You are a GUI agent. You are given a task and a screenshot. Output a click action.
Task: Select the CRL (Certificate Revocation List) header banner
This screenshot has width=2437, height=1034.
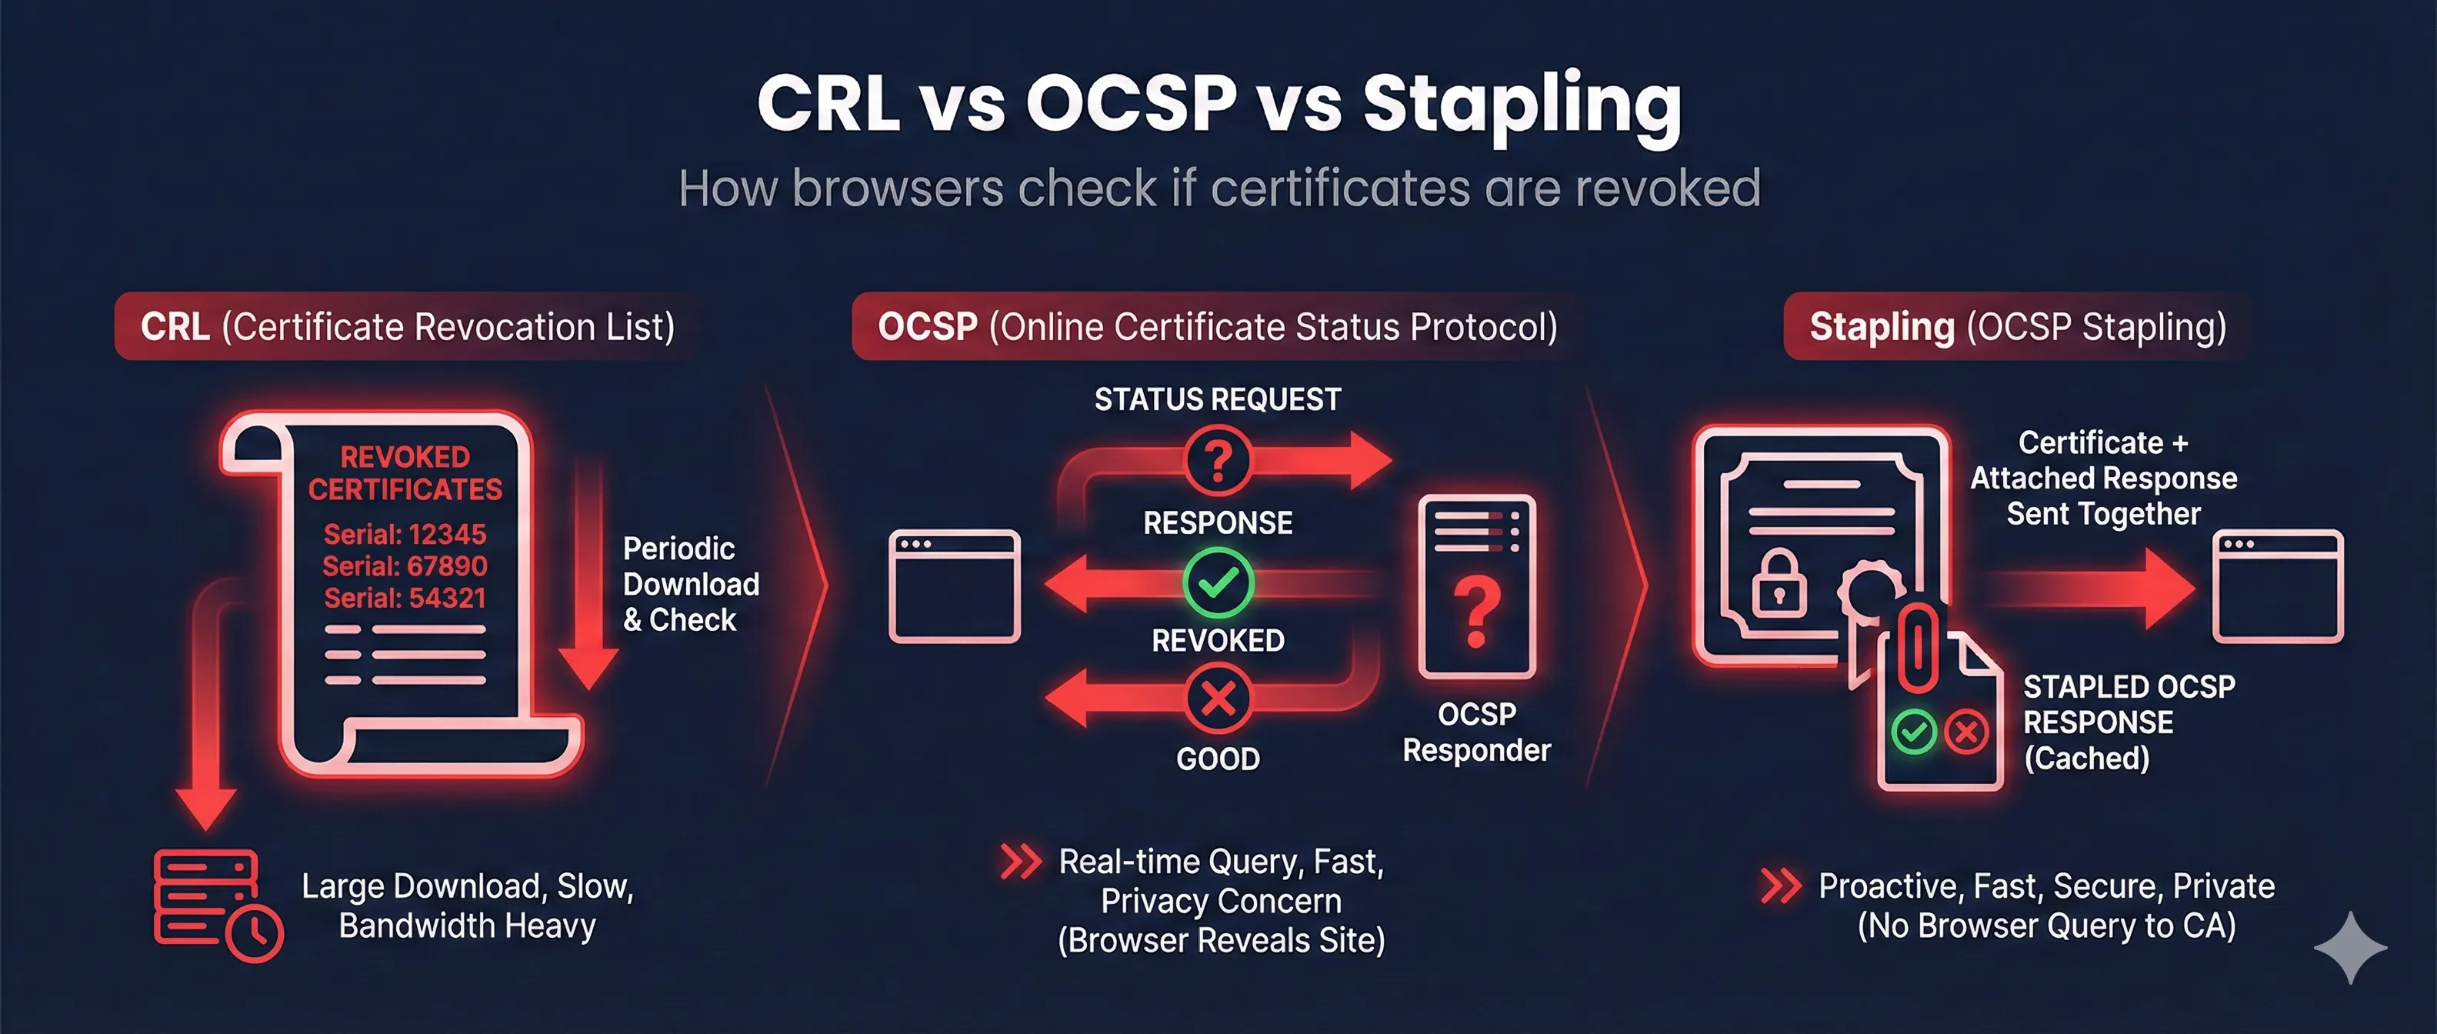coord(407,327)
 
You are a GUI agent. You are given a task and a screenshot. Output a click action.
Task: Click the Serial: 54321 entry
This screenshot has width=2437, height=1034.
coord(405,599)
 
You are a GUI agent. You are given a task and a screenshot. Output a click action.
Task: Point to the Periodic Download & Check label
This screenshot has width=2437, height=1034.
coord(690,585)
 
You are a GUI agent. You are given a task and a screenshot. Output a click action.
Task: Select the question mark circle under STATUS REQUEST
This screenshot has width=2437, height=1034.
coord(1218,462)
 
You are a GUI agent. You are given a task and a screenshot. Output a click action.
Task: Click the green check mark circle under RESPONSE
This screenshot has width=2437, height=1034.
coord(1218,582)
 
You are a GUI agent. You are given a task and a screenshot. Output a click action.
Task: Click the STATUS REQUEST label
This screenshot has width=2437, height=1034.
coord(1218,400)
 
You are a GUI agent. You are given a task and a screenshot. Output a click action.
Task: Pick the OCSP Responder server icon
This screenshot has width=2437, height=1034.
coord(1477,586)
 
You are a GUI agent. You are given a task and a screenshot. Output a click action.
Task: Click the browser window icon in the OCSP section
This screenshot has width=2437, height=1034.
coord(955,586)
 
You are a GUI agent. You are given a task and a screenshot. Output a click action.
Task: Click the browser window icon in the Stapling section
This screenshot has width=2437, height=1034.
coord(2277,586)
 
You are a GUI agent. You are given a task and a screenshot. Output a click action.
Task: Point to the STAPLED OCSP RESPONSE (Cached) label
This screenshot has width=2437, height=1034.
coord(2129,722)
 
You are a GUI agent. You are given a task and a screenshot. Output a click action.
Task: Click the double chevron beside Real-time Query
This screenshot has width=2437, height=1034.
coord(1020,862)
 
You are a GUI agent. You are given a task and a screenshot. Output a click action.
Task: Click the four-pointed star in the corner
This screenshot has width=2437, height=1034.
coord(2350,948)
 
